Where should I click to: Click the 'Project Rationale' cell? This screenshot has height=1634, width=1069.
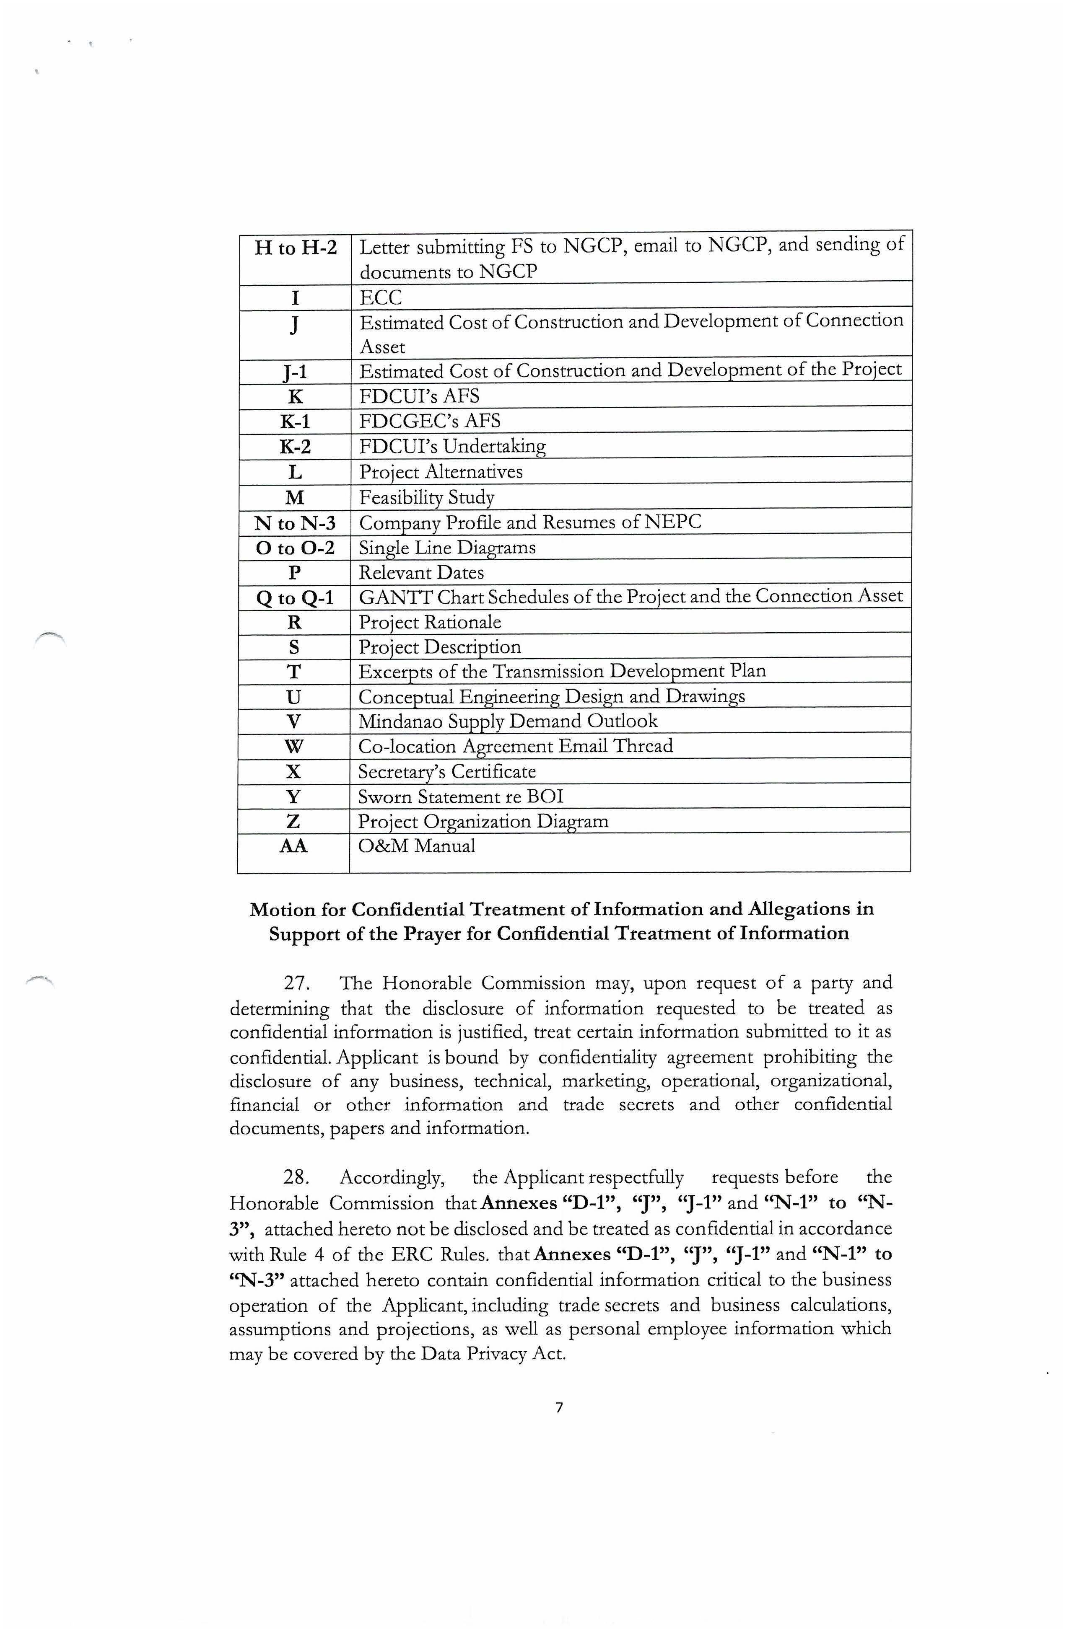[x=429, y=622]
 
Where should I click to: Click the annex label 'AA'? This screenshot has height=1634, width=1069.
[x=294, y=846]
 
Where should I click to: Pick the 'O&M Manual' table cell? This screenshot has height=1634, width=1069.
[x=416, y=846]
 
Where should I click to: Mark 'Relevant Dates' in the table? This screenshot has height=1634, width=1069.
[x=421, y=573]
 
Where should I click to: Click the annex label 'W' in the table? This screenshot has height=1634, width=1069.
[x=294, y=746]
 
